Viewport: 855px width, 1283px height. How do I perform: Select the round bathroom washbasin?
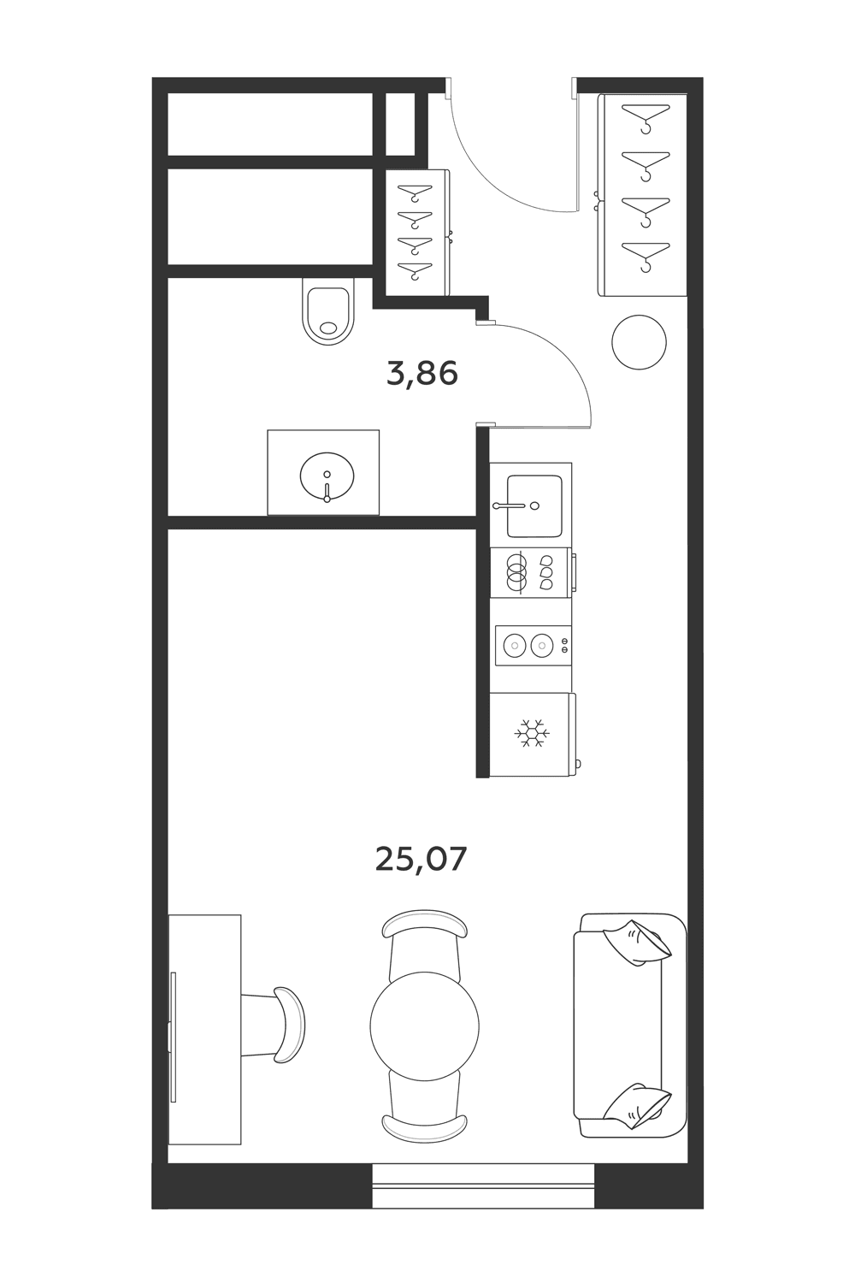tap(327, 476)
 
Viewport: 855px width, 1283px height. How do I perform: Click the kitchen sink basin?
tap(534, 506)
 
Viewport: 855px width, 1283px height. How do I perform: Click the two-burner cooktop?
tap(534, 646)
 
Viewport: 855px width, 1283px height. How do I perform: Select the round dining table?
tap(424, 1026)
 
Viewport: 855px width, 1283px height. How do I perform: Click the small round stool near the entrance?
tap(639, 342)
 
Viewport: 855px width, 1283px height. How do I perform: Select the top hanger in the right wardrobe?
tap(646, 117)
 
